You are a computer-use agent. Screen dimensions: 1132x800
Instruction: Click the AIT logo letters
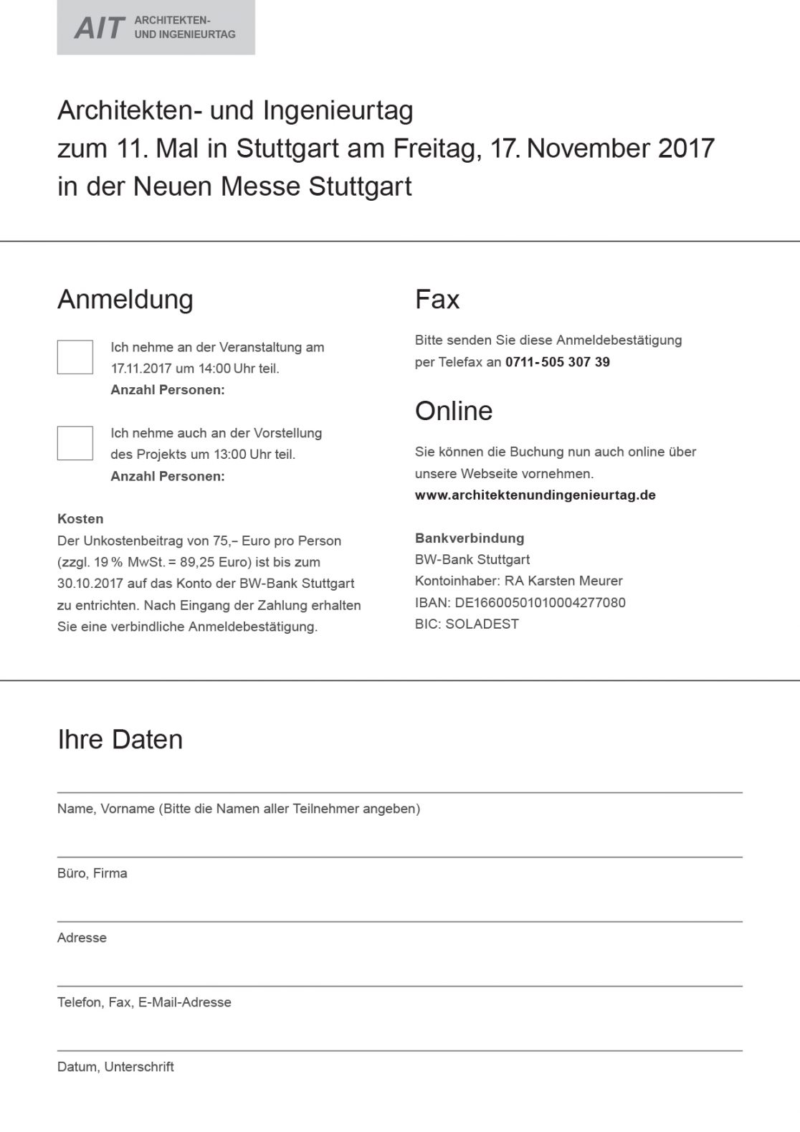point(100,28)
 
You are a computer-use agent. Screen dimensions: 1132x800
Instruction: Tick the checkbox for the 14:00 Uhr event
point(75,357)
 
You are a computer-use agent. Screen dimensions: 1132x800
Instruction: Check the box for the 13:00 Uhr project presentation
point(75,443)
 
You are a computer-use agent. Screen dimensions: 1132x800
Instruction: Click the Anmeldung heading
point(125,300)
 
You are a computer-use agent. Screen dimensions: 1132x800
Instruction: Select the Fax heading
point(437,300)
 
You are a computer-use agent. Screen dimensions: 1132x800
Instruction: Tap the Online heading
point(454,412)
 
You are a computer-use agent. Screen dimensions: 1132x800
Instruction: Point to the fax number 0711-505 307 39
point(558,362)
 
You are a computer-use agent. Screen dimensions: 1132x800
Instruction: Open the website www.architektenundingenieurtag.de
point(535,495)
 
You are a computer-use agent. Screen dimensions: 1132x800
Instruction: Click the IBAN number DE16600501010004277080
point(540,603)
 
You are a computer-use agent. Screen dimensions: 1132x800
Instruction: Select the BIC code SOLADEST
point(482,624)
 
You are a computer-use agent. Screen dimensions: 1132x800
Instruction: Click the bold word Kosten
point(80,519)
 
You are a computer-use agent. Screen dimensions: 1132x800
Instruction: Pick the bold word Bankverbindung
point(470,538)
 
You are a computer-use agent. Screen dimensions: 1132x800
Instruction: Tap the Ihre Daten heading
point(120,740)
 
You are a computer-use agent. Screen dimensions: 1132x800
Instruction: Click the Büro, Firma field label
point(92,873)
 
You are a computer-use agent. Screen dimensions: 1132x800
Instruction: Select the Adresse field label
point(82,938)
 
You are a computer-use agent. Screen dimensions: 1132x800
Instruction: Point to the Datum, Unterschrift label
point(115,1067)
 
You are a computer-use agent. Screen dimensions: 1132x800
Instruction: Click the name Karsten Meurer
point(575,581)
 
